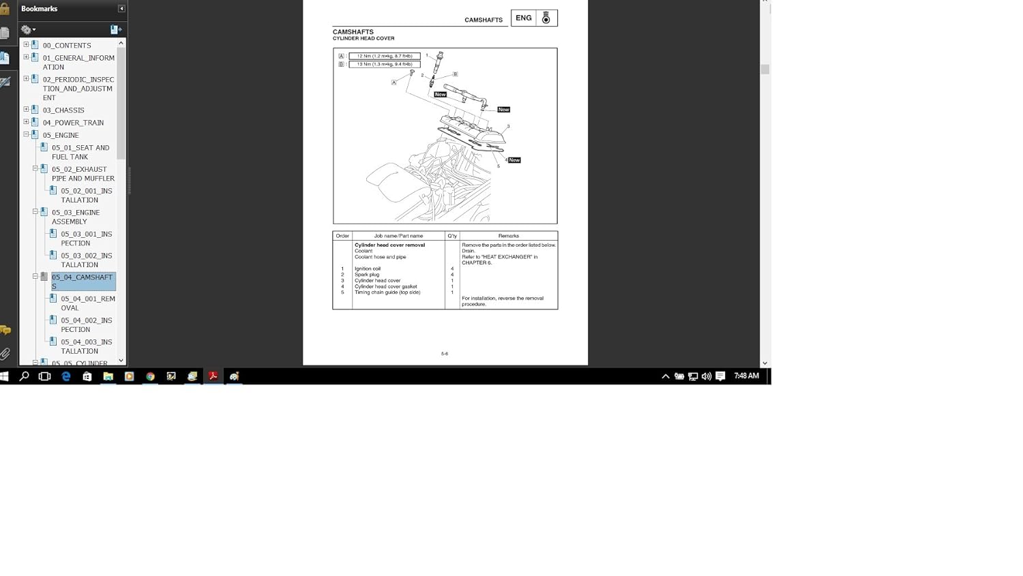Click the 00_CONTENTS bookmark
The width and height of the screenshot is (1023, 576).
[66, 46]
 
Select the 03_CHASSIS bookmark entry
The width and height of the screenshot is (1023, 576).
[63, 110]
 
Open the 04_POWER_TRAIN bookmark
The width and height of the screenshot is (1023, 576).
[73, 123]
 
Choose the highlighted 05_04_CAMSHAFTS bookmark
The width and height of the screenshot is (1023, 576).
[83, 282]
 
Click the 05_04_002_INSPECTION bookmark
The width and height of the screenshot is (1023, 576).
[86, 325]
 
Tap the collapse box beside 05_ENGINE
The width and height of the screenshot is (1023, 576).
[26, 135]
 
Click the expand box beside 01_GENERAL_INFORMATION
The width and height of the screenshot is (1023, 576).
[26, 57]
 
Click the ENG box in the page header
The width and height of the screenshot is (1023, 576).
[523, 18]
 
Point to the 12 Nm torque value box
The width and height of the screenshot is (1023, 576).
[385, 56]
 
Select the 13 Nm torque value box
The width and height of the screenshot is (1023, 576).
[385, 64]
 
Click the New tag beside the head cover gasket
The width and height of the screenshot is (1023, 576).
[514, 160]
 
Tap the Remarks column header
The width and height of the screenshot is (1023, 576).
[508, 236]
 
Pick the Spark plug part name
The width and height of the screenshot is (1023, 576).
[367, 275]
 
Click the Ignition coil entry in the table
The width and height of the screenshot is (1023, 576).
[368, 269]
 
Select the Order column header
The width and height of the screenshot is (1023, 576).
[342, 236]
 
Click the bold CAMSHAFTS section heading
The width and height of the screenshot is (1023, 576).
[353, 32]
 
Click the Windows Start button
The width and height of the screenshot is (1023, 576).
[5, 376]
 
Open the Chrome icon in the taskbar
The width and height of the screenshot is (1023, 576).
[150, 376]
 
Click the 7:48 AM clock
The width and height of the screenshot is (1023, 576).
[746, 376]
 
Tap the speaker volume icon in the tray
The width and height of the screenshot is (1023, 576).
[706, 376]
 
